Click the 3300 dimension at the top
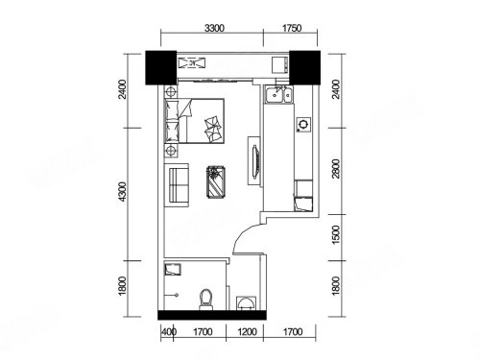[x=214, y=29]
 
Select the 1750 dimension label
[x=292, y=29]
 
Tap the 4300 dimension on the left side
[x=123, y=192]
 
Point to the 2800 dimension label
[x=336, y=168]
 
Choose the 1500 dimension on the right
[x=336, y=234]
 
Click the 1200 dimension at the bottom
[x=247, y=332]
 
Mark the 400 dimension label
[x=169, y=332]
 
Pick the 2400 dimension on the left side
[x=123, y=89]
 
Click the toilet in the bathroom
[x=205, y=300]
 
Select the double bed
[x=194, y=121]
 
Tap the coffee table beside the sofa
[x=216, y=182]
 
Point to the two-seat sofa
[x=177, y=185]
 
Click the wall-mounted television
[x=255, y=161]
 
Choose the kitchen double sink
[x=278, y=94]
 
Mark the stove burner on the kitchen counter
[x=303, y=124]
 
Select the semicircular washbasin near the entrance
[x=246, y=303]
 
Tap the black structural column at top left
[x=161, y=67]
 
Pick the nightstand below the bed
[x=171, y=151]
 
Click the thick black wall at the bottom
[x=212, y=315]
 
